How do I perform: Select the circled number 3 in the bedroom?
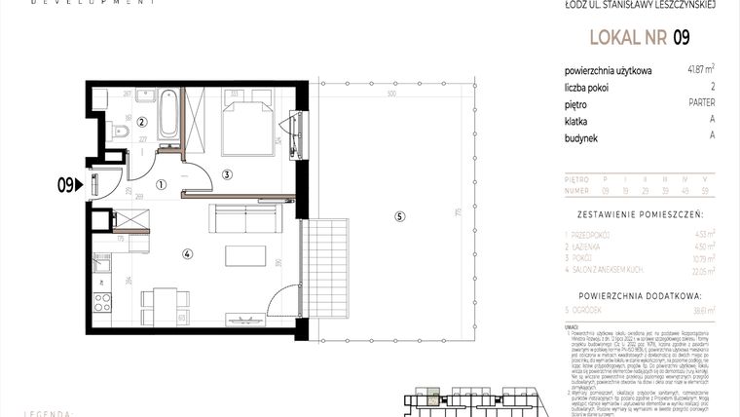(x=226, y=175)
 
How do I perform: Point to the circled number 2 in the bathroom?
(x=141, y=122)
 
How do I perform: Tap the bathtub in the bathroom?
(x=167, y=114)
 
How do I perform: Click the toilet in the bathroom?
(x=119, y=132)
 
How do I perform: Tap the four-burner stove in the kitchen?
(x=100, y=302)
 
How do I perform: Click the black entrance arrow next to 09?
(x=82, y=181)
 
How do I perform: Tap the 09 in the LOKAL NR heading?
(x=682, y=38)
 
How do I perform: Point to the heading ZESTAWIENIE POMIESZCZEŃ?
(x=640, y=211)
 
